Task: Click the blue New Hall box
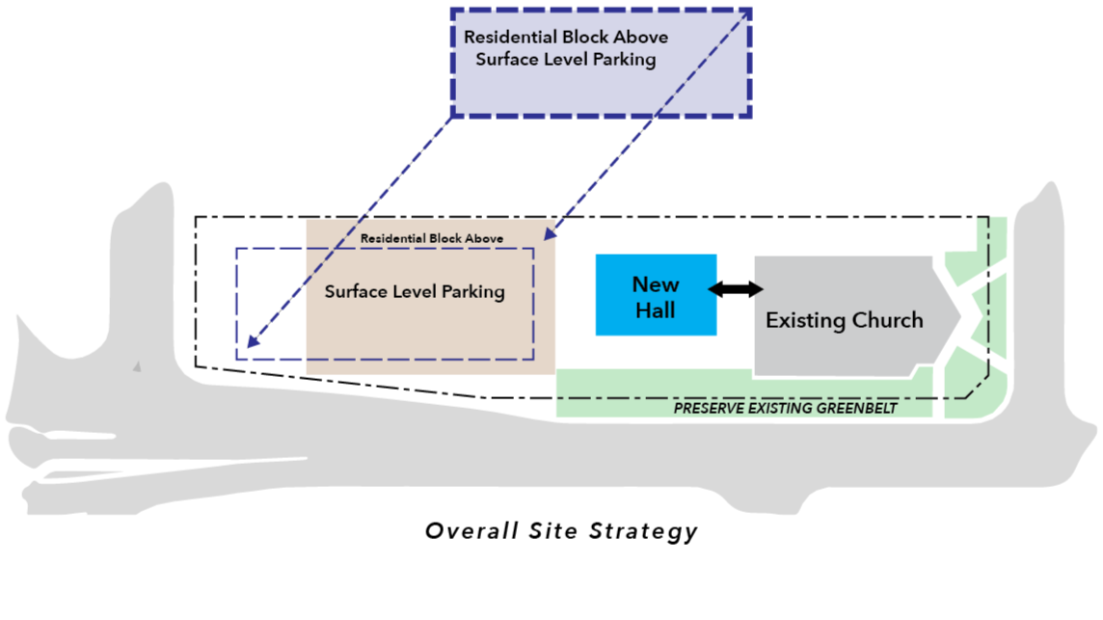point(656,295)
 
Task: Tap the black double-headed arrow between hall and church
point(736,288)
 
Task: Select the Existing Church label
point(844,320)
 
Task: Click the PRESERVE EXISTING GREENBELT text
point(785,408)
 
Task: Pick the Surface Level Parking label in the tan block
point(415,291)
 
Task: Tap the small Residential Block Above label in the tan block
point(432,238)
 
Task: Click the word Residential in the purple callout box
point(511,38)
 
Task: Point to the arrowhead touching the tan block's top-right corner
point(550,234)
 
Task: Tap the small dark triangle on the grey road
point(138,366)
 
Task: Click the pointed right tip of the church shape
point(959,314)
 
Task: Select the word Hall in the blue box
point(656,310)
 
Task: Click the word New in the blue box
point(656,284)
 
